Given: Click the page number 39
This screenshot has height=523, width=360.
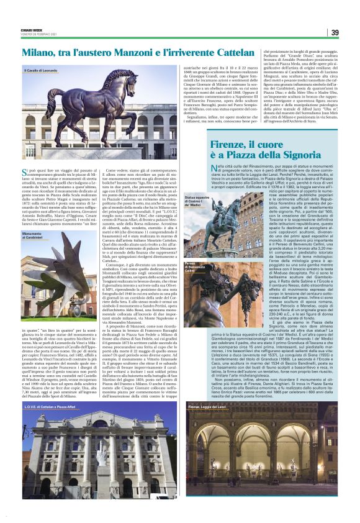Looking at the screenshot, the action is pos(335,33).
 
